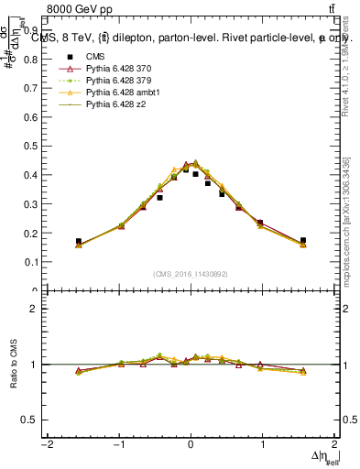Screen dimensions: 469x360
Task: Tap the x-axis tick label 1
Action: click(x=263, y=445)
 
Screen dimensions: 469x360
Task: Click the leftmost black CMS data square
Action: click(x=79, y=241)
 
